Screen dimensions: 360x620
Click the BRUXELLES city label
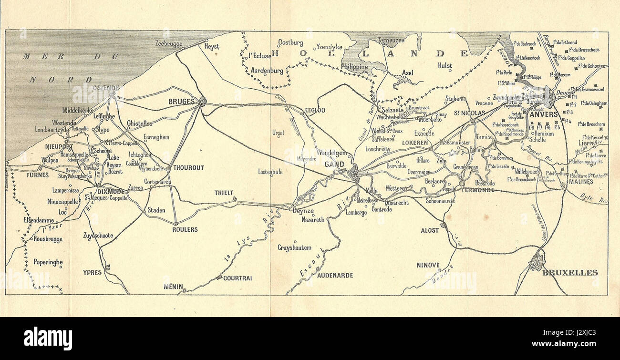pyautogui.click(x=570, y=273)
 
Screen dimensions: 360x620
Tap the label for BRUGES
pyautogui.click(x=182, y=102)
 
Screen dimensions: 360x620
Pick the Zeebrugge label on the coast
pyautogui.click(x=169, y=43)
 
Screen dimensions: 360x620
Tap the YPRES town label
pyautogui.click(x=92, y=272)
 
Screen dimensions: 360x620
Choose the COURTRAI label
pyautogui.click(x=238, y=278)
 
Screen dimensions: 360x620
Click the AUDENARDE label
pyautogui.click(x=335, y=275)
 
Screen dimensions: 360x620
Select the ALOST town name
pyautogui.click(x=430, y=230)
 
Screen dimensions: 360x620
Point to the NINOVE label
pyautogui.click(x=428, y=265)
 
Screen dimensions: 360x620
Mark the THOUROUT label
pyautogui.click(x=188, y=168)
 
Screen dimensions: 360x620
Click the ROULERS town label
pyautogui.click(x=185, y=229)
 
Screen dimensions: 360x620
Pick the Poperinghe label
pyautogui.click(x=48, y=262)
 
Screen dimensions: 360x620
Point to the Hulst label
pyautogui.click(x=445, y=66)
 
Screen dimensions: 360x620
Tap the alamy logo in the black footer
pyautogui.click(x=48, y=338)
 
